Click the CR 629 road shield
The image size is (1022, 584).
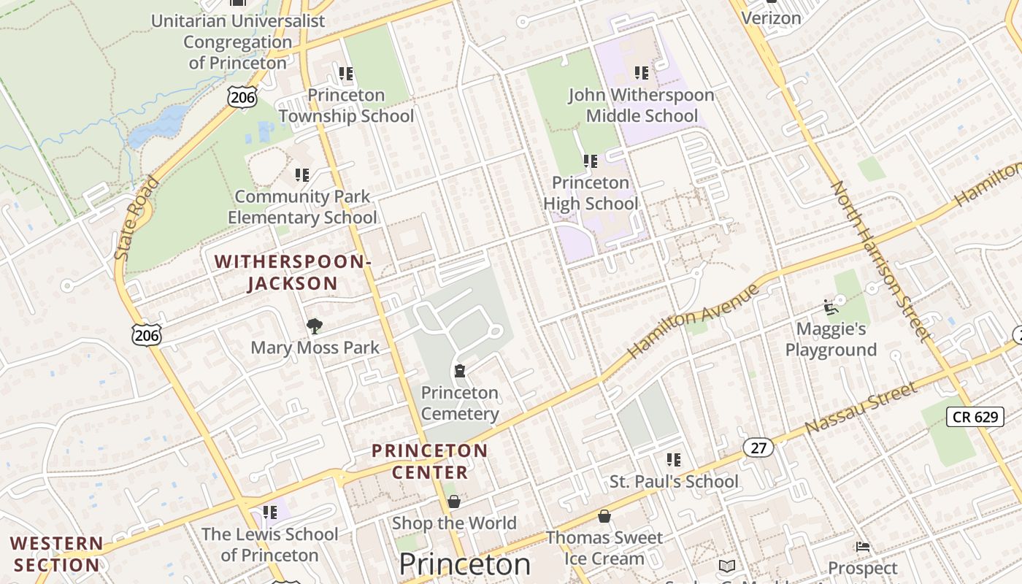(x=975, y=417)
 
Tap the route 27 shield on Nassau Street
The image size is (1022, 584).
(x=758, y=447)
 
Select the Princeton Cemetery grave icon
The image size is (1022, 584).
(x=460, y=372)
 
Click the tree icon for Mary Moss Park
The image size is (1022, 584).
(x=315, y=326)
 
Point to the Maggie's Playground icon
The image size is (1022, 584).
(x=830, y=307)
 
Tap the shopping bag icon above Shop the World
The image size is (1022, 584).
(x=454, y=502)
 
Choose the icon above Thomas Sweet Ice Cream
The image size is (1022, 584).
(x=604, y=516)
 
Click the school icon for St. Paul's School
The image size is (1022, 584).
(x=674, y=460)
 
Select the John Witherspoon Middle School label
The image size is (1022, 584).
(x=642, y=105)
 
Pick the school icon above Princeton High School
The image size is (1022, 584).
(x=591, y=161)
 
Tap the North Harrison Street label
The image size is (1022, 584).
(x=882, y=261)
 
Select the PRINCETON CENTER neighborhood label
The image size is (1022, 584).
(x=429, y=461)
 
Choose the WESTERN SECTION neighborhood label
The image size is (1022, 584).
(x=57, y=554)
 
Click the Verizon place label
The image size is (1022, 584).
(x=771, y=18)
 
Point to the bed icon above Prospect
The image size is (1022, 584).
(x=863, y=547)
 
